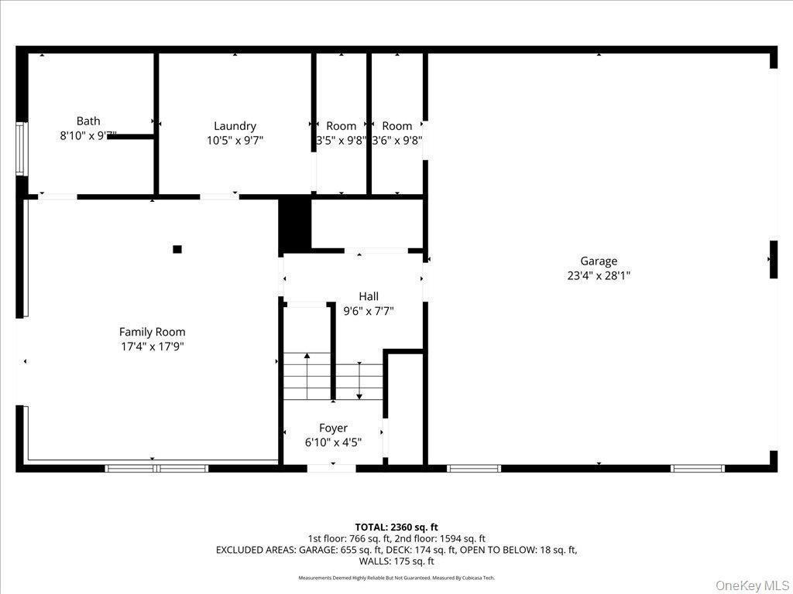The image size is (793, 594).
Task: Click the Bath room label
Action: [x=88, y=121]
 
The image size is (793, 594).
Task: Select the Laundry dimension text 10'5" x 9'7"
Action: [x=235, y=140]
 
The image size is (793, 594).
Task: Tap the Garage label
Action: [x=599, y=261]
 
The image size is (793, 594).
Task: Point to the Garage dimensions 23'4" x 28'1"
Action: [x=599, y=275]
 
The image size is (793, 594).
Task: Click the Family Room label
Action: [x=152, y=332]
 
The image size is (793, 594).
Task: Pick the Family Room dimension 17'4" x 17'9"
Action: [x=152, y=346]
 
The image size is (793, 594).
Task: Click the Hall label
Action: [x=369, y=296]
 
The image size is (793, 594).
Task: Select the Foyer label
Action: [x=333, y=428]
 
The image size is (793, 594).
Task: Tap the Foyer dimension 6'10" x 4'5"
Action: [x=333, y=442]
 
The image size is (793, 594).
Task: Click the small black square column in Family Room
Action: [x=177, y=249]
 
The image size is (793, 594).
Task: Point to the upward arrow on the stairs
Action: [x=307, y=358]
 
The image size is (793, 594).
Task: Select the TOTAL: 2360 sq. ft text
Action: [x=396, y=527]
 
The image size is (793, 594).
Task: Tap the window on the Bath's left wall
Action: [x=21, y=148]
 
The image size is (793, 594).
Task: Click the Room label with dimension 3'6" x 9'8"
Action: [x=397, y=126]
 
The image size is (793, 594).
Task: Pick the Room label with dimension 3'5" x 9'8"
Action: [x=342, y=126]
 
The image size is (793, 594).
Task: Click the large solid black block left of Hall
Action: [x=295, y=224]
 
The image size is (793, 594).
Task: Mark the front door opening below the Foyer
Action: [x=331, y=468]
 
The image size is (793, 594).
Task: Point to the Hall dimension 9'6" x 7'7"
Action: [x=369, y=311]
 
